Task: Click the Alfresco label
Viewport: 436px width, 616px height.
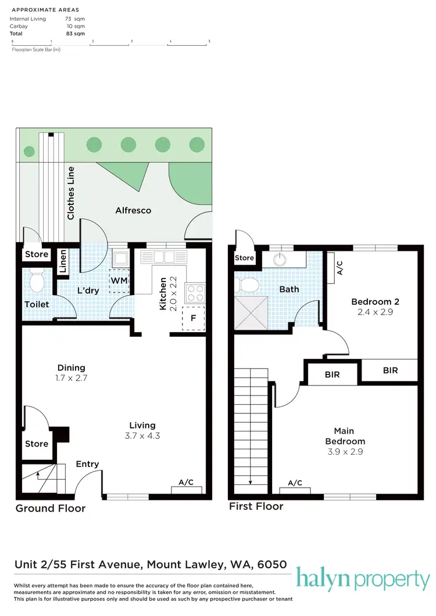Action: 133,210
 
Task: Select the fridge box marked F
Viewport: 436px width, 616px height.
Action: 193,318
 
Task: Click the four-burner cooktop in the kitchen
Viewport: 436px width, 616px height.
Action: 195,292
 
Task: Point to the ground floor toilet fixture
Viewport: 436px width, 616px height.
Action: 37,282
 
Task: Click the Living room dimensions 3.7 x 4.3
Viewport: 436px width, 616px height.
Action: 142,435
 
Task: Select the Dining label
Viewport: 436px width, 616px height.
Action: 72,368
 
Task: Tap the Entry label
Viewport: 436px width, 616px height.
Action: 87,464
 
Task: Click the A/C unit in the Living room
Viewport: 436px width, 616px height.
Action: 186,489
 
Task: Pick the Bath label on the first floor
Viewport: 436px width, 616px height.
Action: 289,289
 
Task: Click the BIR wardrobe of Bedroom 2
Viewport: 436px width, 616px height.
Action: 390,370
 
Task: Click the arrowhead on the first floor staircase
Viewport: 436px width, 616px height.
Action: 250,482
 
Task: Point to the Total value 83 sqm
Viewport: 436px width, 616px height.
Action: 76,34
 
